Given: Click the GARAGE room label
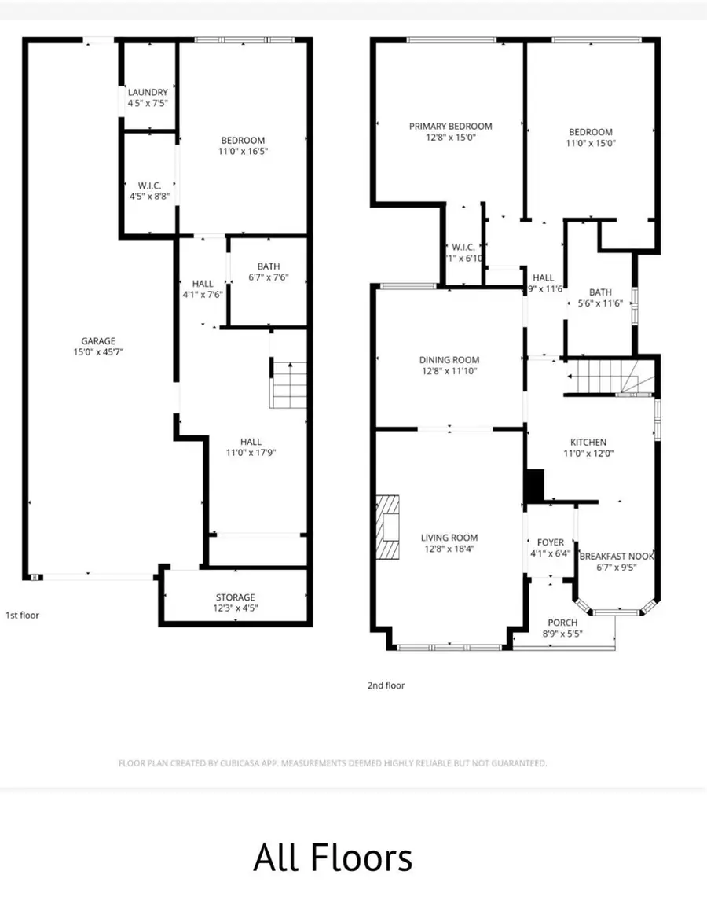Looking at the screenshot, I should pos(98,341).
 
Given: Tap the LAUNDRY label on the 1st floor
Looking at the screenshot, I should pos(148,93).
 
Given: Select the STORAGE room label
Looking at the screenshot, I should pos(236,597).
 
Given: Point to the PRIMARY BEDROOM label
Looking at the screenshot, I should pos(450,127).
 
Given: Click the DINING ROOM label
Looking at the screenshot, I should pos(449,360).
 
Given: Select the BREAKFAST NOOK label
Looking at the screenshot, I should pos(617,557).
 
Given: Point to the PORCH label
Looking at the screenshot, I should pos(562,623).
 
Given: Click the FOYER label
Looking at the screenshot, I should pos(550,542).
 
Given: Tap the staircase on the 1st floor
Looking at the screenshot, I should pos(289,384).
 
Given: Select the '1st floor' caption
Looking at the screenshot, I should pos(22,616).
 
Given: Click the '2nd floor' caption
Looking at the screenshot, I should pos(386,685).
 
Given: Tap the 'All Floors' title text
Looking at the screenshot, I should pos(332,858).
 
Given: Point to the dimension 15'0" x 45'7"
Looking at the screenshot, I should pos(98,352).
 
